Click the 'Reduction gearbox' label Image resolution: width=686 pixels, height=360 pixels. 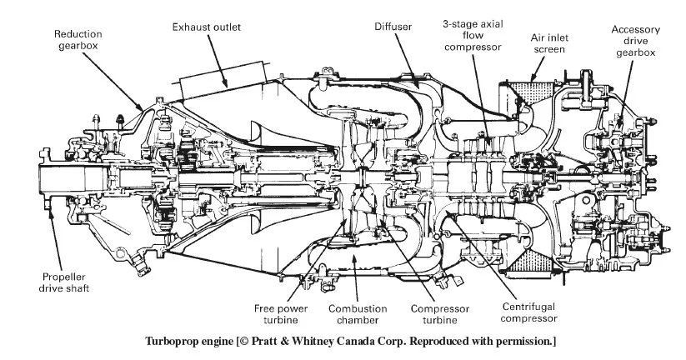(78, 41)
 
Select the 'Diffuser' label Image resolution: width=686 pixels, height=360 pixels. (393, 27)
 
